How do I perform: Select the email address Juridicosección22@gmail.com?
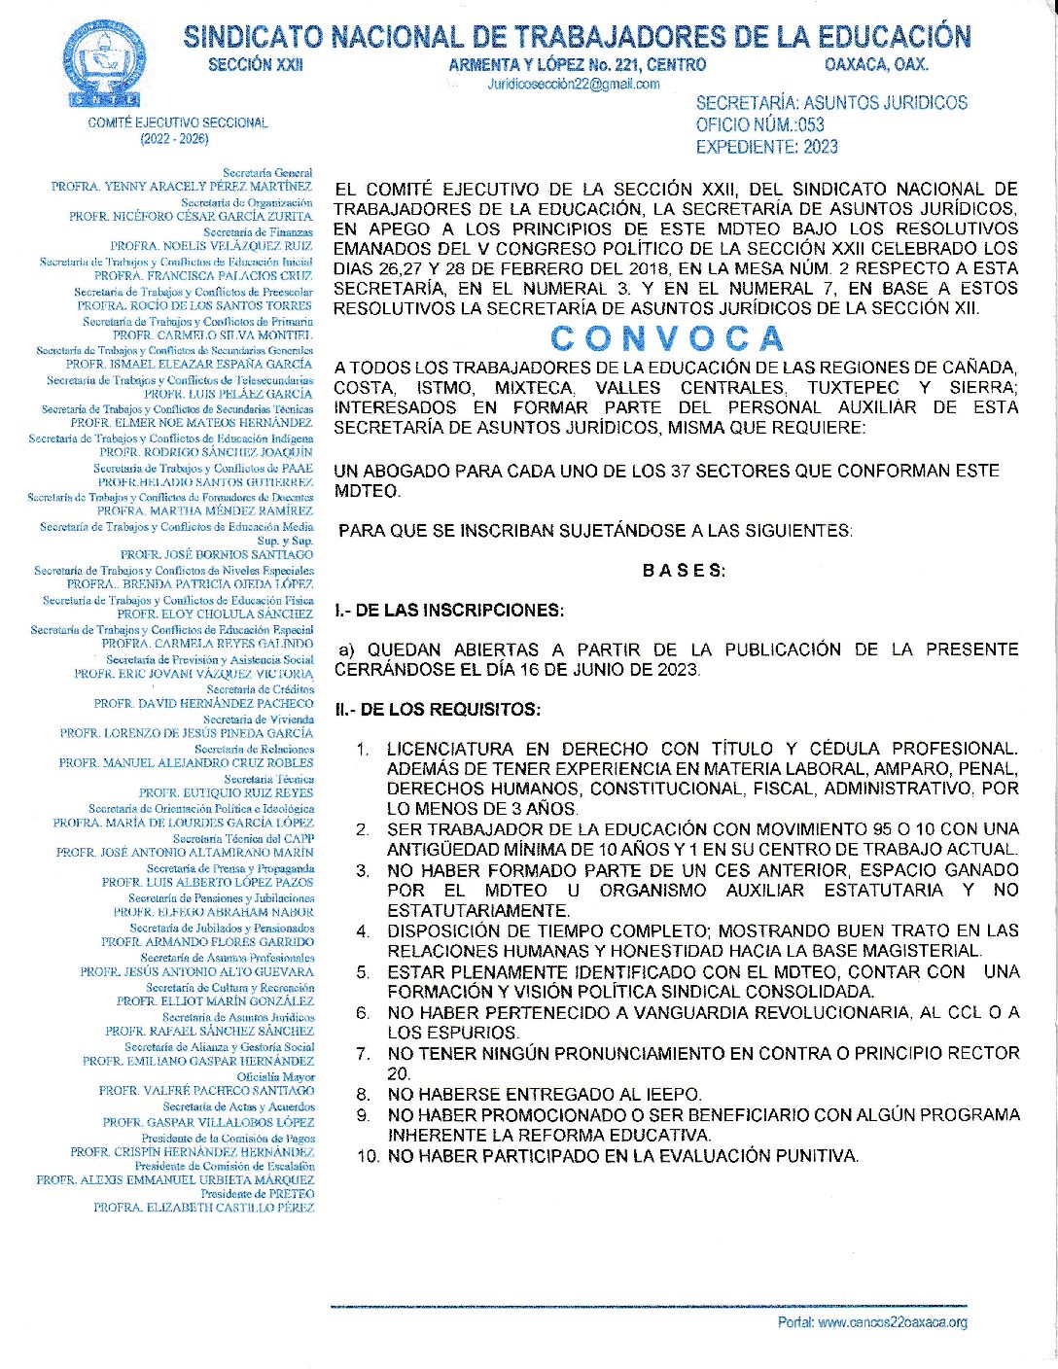pos(573,85)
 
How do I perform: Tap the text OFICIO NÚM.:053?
pos(759,124)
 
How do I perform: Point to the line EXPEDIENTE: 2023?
pos(766,147)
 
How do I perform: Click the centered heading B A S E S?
pos(684,571)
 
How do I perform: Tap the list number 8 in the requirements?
pos(363,1094)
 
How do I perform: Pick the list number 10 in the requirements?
pos(368,1156)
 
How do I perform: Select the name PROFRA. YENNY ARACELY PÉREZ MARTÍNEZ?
pos(182,186)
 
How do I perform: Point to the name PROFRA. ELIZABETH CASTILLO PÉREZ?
pos(203,1208)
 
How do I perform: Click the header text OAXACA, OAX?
pos(876,65)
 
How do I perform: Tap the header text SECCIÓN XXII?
pos(256,65)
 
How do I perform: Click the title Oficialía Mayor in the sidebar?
pos(276,1077)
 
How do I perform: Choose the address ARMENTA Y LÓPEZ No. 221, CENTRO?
pos(577,65)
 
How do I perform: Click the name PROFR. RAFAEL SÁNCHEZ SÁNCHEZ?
pos(209,1031)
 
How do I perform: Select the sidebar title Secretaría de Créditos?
pos(260,689)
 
